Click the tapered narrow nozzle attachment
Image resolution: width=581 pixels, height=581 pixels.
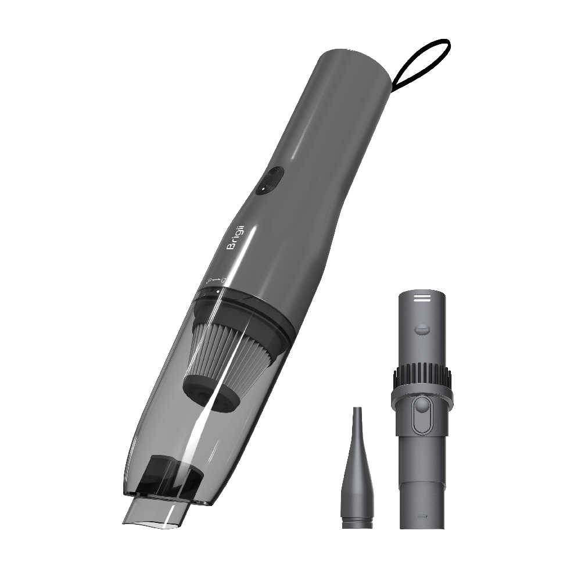(357, 476)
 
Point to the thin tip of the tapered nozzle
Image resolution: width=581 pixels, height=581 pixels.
(357, 414)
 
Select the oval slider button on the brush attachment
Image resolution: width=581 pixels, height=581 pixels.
(422, 416)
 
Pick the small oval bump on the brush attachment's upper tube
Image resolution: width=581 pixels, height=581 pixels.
(422, 330)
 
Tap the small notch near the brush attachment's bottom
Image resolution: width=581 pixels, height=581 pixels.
(422, 515)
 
